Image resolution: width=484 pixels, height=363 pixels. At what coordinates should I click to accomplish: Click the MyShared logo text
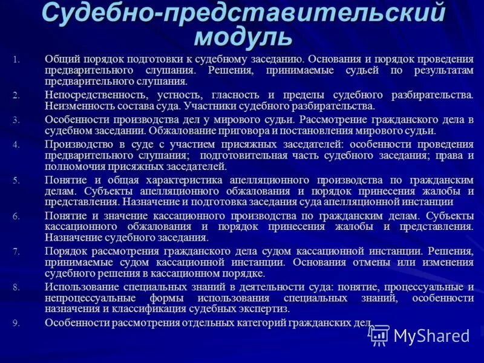(431, 336)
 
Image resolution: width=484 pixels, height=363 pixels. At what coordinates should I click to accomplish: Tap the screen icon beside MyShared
(379, 335)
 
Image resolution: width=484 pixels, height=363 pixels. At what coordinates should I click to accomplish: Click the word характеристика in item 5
(182, 180)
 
